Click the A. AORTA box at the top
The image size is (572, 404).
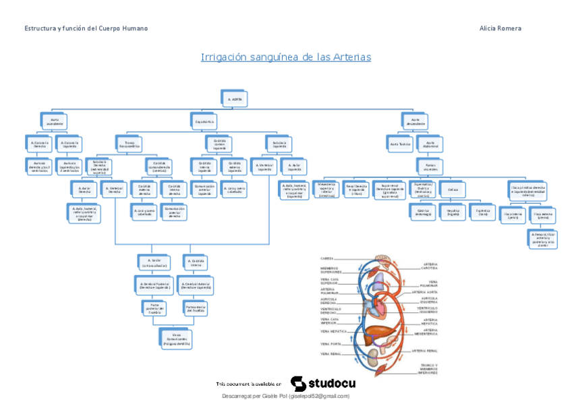[x=235, y=98]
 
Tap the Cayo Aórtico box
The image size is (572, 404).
[x=204, y=121]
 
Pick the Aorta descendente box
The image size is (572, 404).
[x=414, y=121]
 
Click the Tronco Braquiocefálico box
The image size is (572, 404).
[x=130, y=144]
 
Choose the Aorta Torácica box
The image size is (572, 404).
[x=400, y=144]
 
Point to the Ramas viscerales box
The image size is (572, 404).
[x=430, y=165]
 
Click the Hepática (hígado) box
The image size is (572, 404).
[x=453, y=212]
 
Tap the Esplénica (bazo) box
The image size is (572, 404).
[x=483, y=212]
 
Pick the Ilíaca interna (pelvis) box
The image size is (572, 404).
[x=513, y=215]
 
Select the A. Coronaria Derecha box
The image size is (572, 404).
[x=40, y=144]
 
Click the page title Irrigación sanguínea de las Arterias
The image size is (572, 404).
[x=286, y=57]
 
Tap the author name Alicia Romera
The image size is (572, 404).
[x=500, y=28]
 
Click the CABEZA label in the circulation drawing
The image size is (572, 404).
[x=327, y=258]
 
